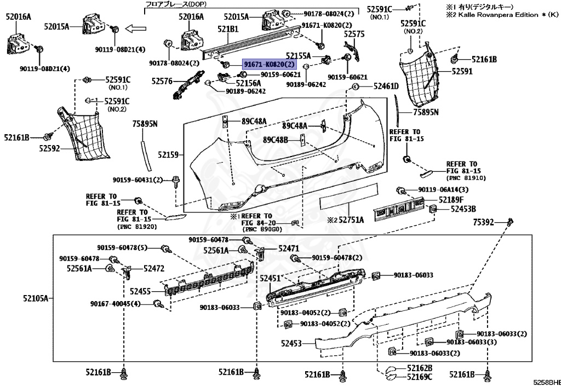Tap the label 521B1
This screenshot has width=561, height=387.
(x=227, y=28)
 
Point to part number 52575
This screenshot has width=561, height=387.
(x=354, y=33)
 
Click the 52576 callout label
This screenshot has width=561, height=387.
(x=162, y=81)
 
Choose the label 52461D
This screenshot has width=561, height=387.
(x=386, y=86)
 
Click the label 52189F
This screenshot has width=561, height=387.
(x=450, y=200)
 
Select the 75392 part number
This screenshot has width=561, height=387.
(x=484, y=222)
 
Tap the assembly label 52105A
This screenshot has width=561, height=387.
(x=36, y=298)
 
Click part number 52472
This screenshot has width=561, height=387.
(x=154, y=268)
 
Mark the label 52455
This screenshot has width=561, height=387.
(x=141, y=292)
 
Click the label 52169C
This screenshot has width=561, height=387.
(x=420, y=377)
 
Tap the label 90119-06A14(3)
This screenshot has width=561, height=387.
(x=444, y=189)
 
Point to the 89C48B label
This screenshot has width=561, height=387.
(x=276, y=140)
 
